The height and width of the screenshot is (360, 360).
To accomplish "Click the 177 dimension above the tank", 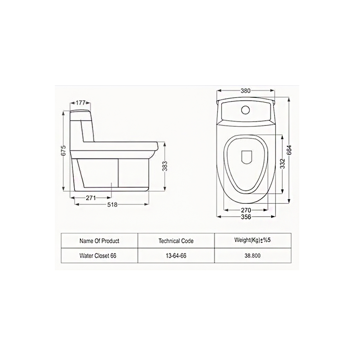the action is click(x=80, y=103).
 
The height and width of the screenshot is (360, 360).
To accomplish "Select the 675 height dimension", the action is click(x=64, y=150).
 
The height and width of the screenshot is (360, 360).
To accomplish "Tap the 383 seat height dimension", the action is click(x=165, y=166).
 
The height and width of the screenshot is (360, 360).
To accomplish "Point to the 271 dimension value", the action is click(x=91, y=198).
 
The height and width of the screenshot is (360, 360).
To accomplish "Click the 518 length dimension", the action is click(x=112, y=205).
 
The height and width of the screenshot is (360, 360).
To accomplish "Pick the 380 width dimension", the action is click(x=245, y=91).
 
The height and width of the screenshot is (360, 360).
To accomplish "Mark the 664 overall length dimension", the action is click(x=289, y=150).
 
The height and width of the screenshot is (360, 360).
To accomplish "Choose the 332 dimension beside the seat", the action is click(x=282, y=164).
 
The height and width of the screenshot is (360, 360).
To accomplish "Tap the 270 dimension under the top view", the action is click(x=246, y=210).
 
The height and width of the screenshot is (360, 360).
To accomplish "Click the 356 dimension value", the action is click(x=246, y=217).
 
